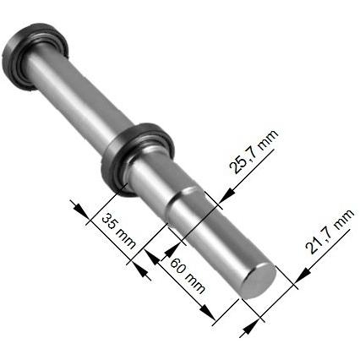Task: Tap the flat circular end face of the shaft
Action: point(260,279)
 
